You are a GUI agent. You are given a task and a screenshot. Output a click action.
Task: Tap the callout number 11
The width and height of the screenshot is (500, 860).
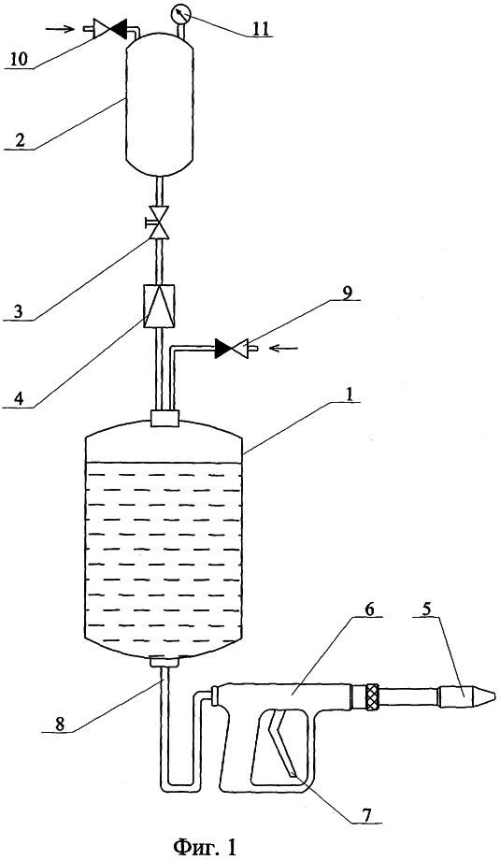pos(262,27)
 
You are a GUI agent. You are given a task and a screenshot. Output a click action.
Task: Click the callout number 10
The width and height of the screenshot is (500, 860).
pos(21,59)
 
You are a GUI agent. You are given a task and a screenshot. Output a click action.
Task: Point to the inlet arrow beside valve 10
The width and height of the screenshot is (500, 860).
pos(61,29)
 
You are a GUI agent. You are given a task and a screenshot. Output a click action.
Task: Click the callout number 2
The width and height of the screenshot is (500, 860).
pos(20,140)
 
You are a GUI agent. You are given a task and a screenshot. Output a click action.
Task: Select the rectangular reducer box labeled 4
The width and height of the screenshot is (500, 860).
pos(159,307)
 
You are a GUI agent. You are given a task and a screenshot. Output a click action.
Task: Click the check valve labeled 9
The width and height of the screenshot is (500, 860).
pos(232,348)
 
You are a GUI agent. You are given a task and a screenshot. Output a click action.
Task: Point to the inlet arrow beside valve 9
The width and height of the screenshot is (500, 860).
pos(286,347)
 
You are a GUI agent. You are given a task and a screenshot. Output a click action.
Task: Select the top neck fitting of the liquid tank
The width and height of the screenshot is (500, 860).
pos(164,419)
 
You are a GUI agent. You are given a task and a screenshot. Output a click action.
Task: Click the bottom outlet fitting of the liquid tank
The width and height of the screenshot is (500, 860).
pos(164,663)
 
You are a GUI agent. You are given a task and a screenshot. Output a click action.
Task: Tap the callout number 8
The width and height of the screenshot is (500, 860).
pos(61,723)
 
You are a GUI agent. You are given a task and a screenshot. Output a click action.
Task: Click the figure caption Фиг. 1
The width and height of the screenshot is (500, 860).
pos(205,848)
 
